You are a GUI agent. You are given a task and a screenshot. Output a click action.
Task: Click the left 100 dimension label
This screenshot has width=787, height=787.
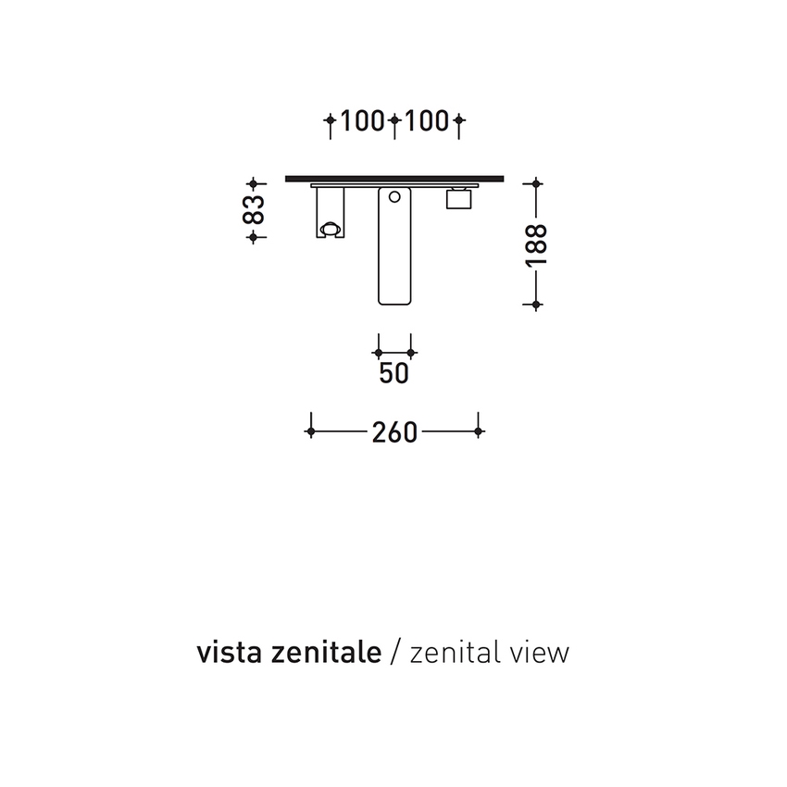[x=362, y=120]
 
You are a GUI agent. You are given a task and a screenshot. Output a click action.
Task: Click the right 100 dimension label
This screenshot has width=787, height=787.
[x=428, y=120]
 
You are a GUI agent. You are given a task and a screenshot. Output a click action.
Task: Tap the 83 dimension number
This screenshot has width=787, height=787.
[x=254, y=209]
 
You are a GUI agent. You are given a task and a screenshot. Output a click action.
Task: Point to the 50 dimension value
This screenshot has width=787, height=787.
[x=394, y=373]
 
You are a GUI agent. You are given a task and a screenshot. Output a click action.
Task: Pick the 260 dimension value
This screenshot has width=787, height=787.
[x=394, y=431]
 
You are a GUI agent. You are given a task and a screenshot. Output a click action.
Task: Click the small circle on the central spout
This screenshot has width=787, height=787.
[x=394, y=196]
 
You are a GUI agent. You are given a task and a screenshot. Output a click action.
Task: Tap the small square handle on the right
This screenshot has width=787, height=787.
[x=460, y=199]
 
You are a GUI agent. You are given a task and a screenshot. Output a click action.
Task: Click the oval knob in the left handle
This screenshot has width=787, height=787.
[x=329, y=228]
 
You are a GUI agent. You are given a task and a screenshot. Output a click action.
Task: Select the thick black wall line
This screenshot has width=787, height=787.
[x=398, y=176]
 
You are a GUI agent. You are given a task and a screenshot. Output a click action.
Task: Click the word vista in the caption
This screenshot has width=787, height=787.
[x=224, y=653]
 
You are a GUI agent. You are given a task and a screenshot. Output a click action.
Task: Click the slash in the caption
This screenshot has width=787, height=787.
[x=395, y=653]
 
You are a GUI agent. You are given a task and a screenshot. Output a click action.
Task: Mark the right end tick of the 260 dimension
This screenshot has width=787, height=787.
[x=478, y=431]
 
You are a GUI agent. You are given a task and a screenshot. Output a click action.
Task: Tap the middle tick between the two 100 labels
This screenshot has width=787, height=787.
[x=394, y=120]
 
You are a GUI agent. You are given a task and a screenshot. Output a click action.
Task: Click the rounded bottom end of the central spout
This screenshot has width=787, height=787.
[x=394, y=301]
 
